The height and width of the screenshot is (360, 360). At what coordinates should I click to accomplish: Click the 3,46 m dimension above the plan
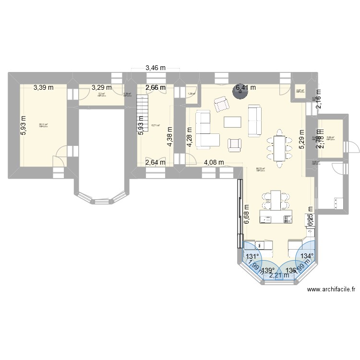click(x=155, y=69)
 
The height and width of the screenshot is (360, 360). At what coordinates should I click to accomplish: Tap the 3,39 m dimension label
click(x=43, y=87)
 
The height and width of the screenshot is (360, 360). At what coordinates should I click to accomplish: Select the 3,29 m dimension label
click(x=101, y=87)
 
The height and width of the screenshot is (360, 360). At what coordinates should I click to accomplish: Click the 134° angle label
click(x=306, y=256)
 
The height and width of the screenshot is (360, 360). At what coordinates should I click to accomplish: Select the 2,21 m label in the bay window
click(x=279, y=276)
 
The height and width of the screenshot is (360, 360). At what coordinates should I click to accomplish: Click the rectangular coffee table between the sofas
click(x=233, y=122)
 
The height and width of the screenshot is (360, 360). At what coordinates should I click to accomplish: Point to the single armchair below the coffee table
click(x=235, y=144)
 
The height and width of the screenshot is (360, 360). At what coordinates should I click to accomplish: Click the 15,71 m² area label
click(x=155, y=126)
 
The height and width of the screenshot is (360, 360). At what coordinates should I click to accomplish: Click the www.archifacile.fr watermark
click(x=332, y=289)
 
